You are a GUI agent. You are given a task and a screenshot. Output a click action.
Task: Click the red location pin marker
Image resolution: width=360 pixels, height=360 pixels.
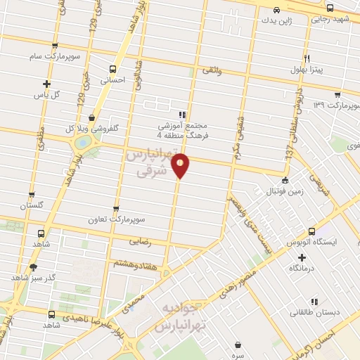pos(181,165)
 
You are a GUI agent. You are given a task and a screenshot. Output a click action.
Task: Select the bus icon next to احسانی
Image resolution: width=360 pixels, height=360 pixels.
pos(112,69)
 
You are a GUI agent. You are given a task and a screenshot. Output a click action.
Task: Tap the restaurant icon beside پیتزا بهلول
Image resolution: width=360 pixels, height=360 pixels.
pos(307,59)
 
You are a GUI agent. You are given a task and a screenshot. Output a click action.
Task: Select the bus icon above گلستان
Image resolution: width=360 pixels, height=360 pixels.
pos(31,195)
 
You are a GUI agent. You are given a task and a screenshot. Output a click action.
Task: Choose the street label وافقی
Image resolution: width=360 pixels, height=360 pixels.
pos(211,70)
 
